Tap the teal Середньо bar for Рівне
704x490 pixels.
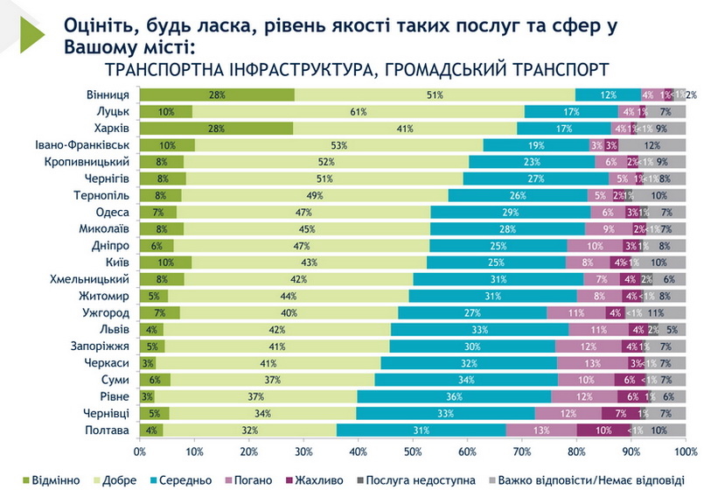pos(454,396)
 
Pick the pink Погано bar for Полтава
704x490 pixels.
pos(541,430)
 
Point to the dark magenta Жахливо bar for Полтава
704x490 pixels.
pos(604,430)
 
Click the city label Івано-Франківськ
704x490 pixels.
pos(83,144)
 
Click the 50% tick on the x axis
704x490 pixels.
pos(413,451)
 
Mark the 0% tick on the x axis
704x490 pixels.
pos(140,451)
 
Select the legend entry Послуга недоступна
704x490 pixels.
pos(419,479)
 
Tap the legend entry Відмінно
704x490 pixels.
pos(54,479)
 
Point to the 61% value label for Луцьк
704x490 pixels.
pos(358,111)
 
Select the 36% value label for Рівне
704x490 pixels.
pos(454,396)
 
